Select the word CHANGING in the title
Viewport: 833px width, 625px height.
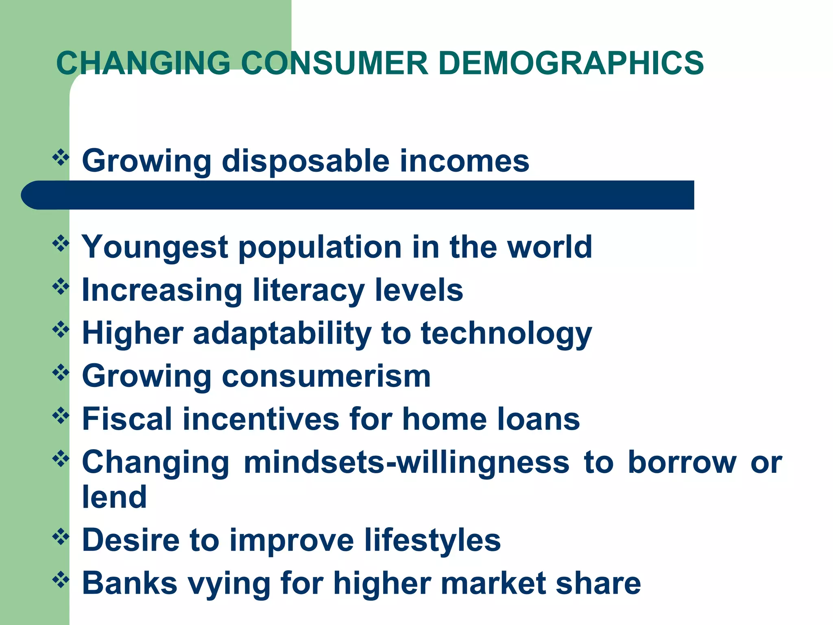[143, 63]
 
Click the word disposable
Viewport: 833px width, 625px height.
[305, 161]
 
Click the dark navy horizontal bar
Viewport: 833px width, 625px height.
[358, 195]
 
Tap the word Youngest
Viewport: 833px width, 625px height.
[155, 247]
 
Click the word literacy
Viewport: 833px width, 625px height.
[308, 291]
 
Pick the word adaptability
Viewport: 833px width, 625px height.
[282, 334]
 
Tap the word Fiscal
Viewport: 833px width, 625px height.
[127, 419]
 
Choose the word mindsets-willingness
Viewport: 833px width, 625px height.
[406, 463]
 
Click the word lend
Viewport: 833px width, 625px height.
[114, 497]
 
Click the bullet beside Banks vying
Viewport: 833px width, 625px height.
[61, 580]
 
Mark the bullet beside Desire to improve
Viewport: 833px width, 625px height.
[61, 537]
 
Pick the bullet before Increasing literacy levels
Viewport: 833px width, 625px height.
[61, 287]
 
